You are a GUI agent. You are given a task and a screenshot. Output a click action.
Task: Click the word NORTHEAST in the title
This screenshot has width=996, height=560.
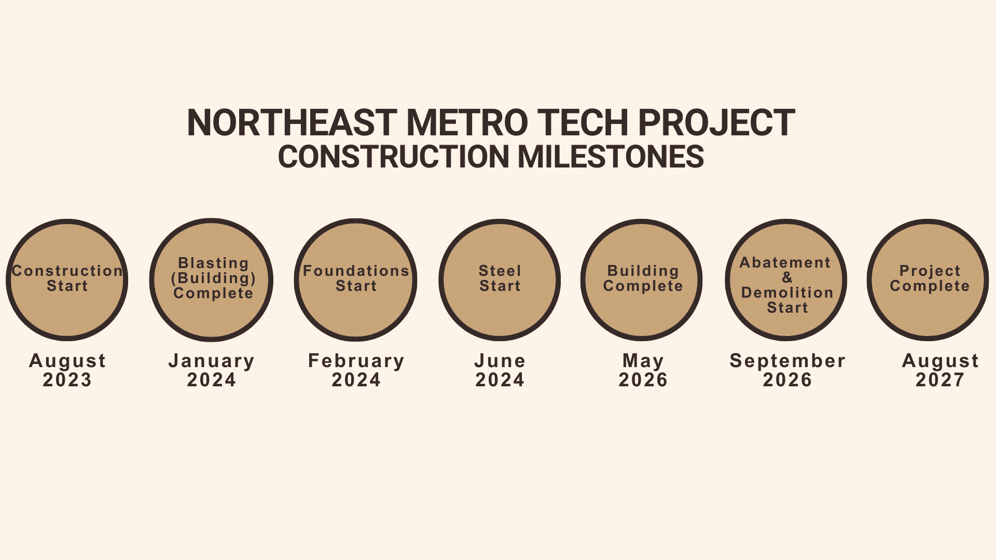point(292,123)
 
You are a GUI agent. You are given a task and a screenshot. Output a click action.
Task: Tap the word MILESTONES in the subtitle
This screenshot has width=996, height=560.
point(611,157)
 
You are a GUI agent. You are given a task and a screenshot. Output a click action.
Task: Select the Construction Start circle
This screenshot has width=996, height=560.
point(67,280)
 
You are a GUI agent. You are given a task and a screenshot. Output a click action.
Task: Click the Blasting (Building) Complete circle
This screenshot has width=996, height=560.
point(211,280)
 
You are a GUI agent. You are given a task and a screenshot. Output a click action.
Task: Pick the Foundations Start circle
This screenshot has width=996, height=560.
point(355,280)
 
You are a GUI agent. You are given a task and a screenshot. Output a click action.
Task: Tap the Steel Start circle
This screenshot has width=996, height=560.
point(500,280)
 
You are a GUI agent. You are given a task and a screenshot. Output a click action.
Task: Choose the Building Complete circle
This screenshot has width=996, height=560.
point(642,280)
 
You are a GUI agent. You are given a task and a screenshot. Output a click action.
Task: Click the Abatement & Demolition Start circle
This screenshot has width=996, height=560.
point(786,280)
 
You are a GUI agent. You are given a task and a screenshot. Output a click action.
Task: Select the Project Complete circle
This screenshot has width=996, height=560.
point(928,280)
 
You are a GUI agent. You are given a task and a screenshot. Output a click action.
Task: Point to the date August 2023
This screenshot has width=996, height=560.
point(67,370)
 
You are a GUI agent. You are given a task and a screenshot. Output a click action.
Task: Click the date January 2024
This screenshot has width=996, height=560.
point(212,370)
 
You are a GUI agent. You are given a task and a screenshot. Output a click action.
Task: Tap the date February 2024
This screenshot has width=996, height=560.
point(356,370)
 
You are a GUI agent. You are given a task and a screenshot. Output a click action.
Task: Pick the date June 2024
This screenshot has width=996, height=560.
point(500,370)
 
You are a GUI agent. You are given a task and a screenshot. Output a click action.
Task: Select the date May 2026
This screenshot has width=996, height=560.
point(643,370)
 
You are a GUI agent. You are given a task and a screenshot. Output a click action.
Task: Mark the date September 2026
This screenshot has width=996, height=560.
point(787,370)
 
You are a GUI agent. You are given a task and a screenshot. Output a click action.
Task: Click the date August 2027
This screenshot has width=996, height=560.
point(940,370)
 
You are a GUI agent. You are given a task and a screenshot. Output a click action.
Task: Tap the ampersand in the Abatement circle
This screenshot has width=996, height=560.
point(787,277)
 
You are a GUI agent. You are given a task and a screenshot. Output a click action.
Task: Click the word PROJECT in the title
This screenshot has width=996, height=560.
point(716,123)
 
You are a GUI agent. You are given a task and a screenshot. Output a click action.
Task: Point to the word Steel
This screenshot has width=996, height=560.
point(500,271)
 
